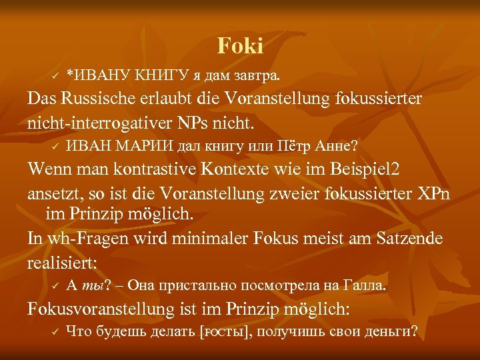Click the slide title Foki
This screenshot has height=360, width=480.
[240, 46]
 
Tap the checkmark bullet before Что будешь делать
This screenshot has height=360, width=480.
[56, 332]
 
